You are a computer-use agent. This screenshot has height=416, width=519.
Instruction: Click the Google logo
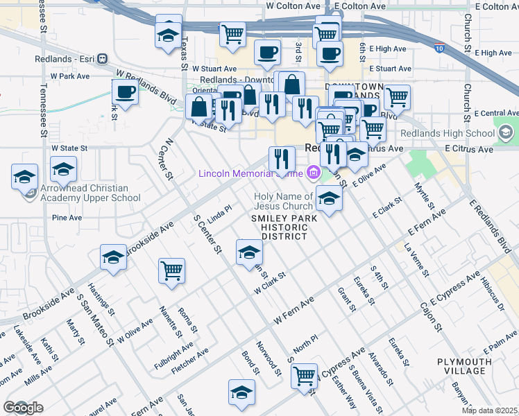tap(22, 408)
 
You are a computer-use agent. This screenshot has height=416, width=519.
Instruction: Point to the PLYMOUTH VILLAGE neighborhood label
tap(464, 366)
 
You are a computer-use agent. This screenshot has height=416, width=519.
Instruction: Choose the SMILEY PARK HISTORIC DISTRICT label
tap(284, 227)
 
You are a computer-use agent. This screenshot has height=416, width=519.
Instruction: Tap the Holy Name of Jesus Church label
tap(283, 201)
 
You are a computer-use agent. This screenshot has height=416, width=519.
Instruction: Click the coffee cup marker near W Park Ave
tap(126, 92)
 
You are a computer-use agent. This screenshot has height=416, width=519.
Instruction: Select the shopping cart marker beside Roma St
tap(171, 271)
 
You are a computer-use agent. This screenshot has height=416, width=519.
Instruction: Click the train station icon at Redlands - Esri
tap(101, 59)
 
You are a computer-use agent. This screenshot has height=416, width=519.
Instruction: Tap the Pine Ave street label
tap(67, 217)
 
